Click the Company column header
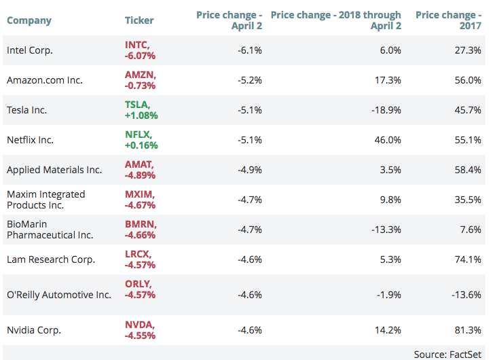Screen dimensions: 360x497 pyautogui.click(x=29, y=20)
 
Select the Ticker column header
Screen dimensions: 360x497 pyautogui.click(x=139, y=20)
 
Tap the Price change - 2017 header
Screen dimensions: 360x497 pyautogui.click(x=449, y=20)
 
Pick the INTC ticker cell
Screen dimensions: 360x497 pyautogui.click(x=141, y=50)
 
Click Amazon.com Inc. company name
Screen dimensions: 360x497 pyautogui.click(x=45, y=80)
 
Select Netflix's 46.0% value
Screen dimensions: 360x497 pyautogui.click(x=388, y=140)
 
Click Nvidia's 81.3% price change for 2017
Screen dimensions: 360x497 pyautogui.click(x=469, y=331)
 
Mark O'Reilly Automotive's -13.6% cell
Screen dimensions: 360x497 pyautogui.click(x=467, y=295)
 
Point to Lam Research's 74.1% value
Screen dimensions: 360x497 pyautogui.click(x=469, y=259)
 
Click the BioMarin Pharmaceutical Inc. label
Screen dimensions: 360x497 pyautogui.click(x=50, y=230)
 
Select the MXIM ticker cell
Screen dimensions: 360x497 pyautogui.click(x=141, y=199)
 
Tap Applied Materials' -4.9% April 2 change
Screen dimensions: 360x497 pyautogui.click(x=250, y=170)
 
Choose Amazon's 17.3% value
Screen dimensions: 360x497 pyautogui.click(x=389, y=80)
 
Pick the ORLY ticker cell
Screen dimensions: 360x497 pyautogui.click(x=141, y=289)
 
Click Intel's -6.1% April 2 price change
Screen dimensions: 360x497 pyautogui.click(x=250, y=50)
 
